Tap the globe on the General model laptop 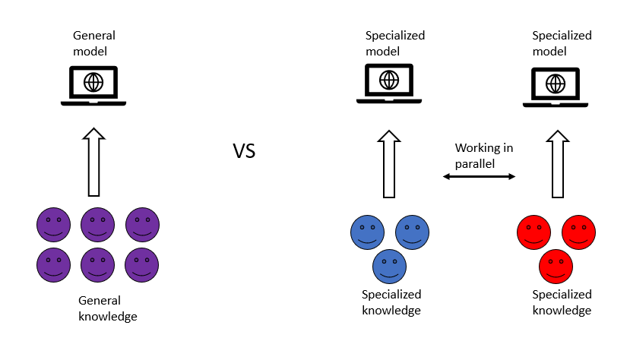(x=93, y=81)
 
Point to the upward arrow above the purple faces (x=93, y=162)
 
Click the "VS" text (x=244, y=151)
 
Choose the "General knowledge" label (x=108, y=308)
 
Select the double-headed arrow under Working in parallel (x=479, y=176)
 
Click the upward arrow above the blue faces (x=389, y=162)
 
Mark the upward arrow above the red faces (x=556, y=162)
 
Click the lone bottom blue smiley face (x=389, y=266)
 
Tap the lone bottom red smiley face (x=556, y=266)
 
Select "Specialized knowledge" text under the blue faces (x=391, y=302)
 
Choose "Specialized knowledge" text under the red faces (x=562, y=302)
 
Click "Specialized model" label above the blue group (x=395, y=43)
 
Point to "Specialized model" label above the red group (x=562, y=43)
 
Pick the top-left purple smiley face (x=53, y=224)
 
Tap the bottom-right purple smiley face (x=142, y=264)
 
